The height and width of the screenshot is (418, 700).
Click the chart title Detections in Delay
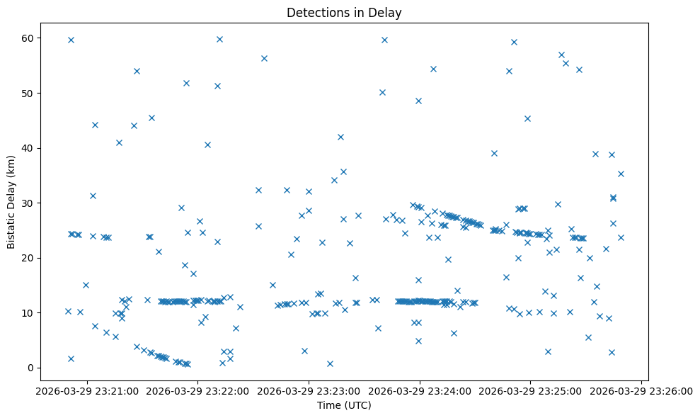343,12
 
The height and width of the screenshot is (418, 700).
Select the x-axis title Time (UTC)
343,406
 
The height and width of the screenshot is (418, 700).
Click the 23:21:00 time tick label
88,390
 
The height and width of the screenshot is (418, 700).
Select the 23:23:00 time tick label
309,390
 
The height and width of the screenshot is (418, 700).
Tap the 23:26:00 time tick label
641,390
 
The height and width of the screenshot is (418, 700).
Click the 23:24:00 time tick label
420,390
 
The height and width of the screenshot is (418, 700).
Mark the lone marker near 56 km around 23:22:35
264,58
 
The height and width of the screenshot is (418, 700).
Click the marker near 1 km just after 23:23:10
330,363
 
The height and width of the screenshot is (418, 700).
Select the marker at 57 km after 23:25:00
561,55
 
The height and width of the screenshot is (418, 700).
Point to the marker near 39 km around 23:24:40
494,153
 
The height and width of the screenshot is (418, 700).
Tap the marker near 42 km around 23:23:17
340,137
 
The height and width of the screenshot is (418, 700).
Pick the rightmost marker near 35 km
621,174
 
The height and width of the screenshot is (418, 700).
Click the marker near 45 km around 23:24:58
527,118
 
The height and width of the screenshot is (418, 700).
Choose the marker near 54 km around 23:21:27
137,71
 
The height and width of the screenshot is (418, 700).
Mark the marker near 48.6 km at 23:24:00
418,101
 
